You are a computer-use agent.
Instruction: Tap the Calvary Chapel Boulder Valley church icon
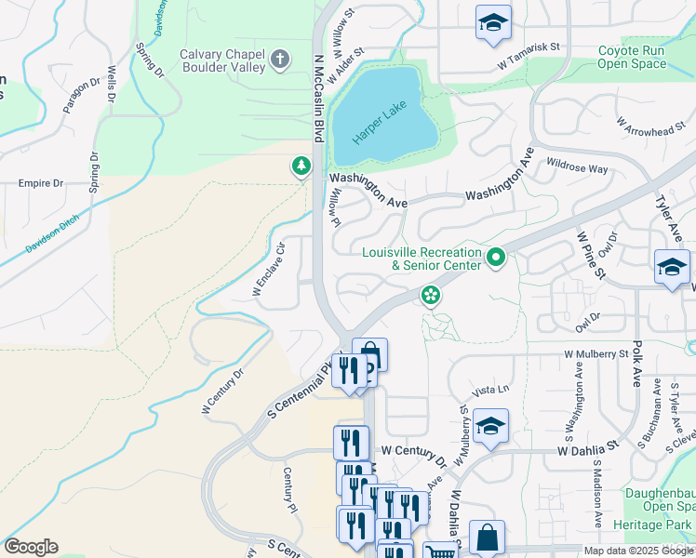tap(280, 61)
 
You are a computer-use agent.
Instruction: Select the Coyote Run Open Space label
tap(632, 58)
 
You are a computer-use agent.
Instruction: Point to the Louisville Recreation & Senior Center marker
tap(496, 258)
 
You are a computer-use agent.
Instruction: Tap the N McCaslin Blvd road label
tap(318, 98)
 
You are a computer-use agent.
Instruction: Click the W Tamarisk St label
tap(531, 46)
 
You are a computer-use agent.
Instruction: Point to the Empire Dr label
tap(40, 183)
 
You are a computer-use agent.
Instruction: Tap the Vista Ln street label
tap(492, 390)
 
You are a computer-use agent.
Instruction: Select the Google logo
tap(31, 546)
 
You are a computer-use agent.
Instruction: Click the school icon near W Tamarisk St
tap(493, 23)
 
